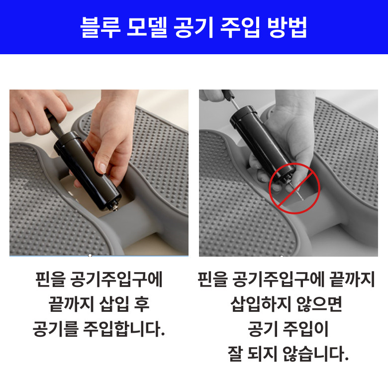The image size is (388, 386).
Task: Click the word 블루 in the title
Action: click(x=100, y=27)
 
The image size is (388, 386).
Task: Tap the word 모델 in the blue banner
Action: click(x=147, y=27)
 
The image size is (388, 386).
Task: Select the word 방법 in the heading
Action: click(x=287, y=27)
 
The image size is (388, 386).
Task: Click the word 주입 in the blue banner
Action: click(x=240, y=27)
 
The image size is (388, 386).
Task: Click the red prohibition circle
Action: click(x=294, y=189)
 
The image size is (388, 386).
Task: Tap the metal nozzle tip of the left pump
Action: click(x=114, y=207)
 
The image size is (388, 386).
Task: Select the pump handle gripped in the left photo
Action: click(x=54, y=122)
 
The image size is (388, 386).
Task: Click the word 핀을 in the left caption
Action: click(x=50, y=280)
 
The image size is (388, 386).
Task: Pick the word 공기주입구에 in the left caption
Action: click(x=116, y=280)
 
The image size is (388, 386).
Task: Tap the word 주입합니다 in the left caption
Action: click(x=124, y=329)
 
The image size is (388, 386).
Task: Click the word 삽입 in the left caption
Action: click(x=114, y=304)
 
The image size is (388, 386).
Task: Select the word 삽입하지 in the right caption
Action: click(x=260, y=304)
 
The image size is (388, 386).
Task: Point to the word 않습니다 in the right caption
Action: click(x=315, y=354)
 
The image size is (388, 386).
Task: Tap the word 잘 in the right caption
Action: click(x=235, y=354)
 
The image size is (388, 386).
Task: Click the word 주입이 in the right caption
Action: click(x=305, y=329)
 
